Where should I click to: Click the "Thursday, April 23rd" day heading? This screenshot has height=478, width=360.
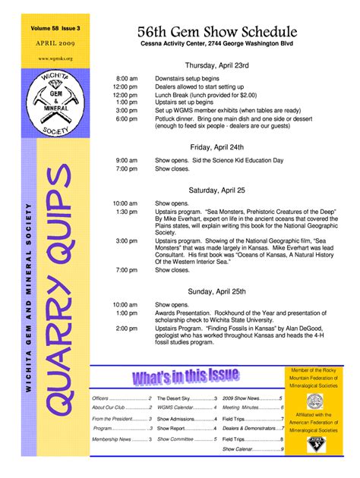point(216,65)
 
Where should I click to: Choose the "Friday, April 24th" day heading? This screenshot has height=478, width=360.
point(216,146)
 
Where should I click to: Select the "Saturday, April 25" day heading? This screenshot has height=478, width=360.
point(216,190)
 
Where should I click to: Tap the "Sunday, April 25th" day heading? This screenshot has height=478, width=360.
point(216,291)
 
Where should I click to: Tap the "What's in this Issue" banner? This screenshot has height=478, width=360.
point(186,376)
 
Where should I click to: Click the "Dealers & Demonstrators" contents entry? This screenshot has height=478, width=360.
point(250,429)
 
